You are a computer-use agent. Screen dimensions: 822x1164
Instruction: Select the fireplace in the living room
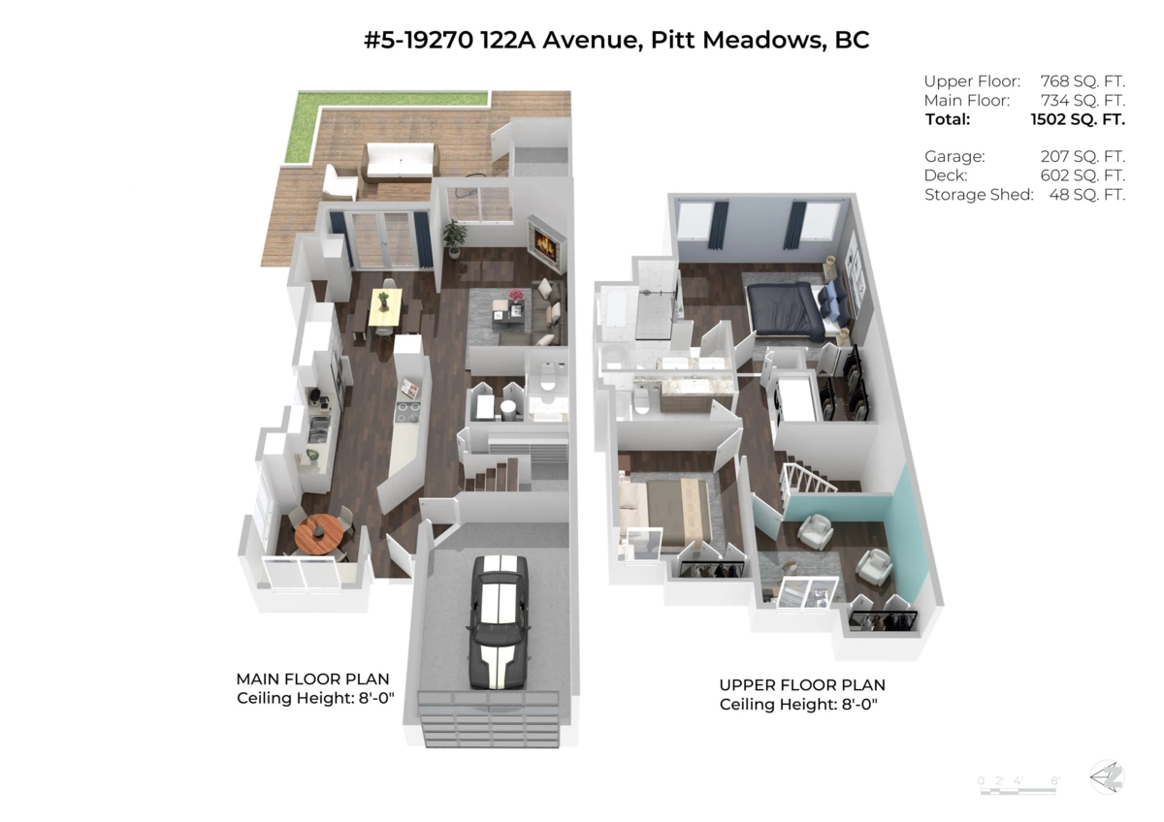coord(544,247)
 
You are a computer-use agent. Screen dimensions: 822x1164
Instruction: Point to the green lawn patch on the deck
coord(384,100)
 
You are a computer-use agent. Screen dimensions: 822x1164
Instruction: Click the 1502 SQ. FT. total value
coord(1078,120)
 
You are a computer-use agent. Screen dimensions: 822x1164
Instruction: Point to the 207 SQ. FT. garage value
coord(1082,156)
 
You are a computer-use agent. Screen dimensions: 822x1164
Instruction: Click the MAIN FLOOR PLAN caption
coord(312,680)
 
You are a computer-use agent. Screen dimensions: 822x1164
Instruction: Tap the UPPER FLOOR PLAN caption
coord(801,685)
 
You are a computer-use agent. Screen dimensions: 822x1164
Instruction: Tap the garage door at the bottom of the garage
coord(488,717)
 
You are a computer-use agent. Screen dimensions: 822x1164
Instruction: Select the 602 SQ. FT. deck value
coord(1082,175)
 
